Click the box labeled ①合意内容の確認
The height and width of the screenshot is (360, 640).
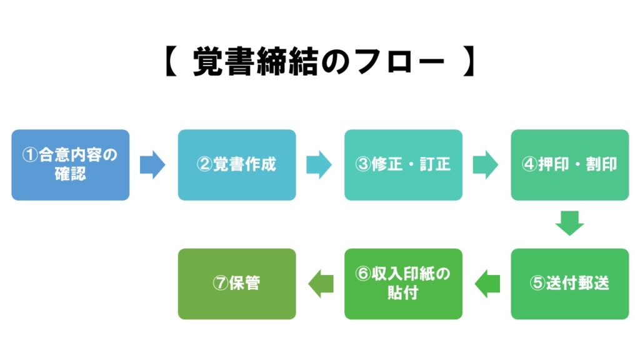(70, 165)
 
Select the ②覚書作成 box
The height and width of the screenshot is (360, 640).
(236, 165)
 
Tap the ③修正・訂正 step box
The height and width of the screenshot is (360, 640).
(403, 165)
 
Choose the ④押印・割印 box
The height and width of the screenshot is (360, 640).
(569, 165)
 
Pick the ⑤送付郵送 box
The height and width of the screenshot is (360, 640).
(569, 284)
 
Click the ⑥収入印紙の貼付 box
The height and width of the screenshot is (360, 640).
(403, 284)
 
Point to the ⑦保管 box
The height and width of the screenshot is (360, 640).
(236, 284)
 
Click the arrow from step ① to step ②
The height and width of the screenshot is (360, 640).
(152, 165)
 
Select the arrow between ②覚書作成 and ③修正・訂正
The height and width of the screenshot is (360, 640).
(319, 165)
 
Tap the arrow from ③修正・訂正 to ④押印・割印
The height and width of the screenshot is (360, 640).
(485, 165)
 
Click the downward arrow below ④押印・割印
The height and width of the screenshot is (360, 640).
(569, 223)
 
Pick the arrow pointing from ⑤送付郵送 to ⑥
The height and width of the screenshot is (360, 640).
(487, 284)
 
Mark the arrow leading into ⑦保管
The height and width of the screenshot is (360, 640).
(321, 284)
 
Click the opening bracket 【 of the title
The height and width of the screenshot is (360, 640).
(171, 63)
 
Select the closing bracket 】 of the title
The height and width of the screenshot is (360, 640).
(469, 63)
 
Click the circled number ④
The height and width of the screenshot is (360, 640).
(529, 165)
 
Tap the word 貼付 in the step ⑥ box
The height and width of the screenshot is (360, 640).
(403, 292)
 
